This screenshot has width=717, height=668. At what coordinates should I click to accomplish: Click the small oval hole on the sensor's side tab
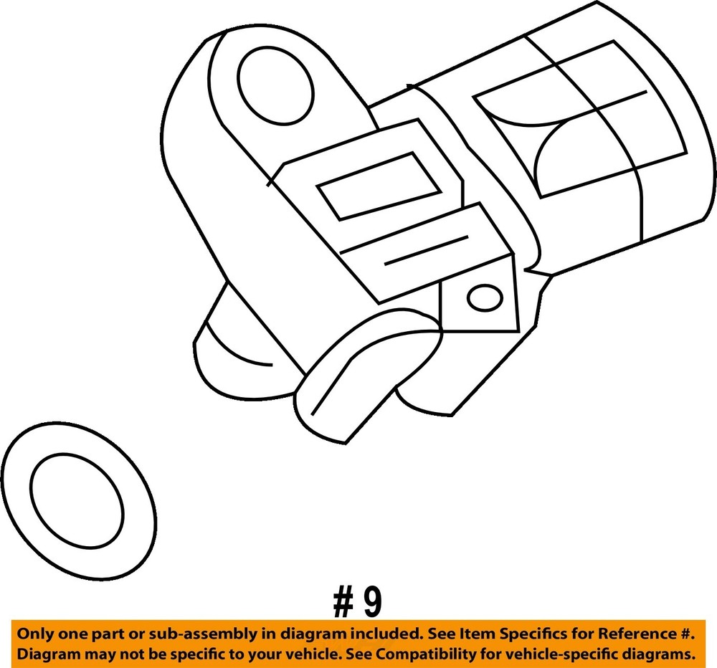pos(484,295)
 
